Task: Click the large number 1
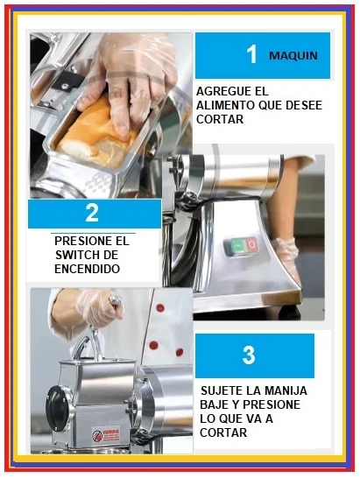(x=251, y=54)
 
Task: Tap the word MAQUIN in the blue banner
(x=293, y=56)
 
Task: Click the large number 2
(x=92, y=213)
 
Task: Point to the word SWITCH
(x=77, y=255)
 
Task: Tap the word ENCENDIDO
(x=88, y=269)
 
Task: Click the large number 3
(x=249, y=355)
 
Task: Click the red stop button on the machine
(x=251, y=244)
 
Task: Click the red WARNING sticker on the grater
(x=106, y=435)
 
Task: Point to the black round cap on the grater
(x=57, y=406)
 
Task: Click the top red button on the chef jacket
(x=160, y=307)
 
